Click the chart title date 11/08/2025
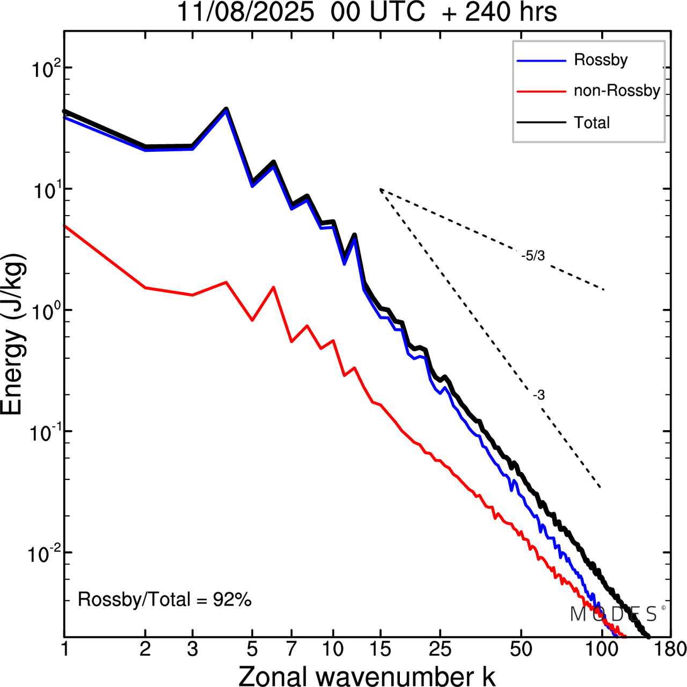tap(245, 12)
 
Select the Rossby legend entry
tap(600, 60)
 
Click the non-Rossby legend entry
tap(616, 91)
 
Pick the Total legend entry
tap(591, 123)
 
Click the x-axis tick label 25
tap(440, 649)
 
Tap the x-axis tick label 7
tap(291, 649)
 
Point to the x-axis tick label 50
tap(521, 649)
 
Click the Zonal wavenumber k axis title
tap(367, 675)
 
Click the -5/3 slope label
tap(532, 256)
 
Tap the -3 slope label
tap(539, 395)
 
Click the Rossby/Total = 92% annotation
tap(165, 600)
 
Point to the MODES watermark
tap(615, 614)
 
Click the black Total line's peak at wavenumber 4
tap(226, 109)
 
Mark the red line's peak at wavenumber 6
tap(273, 287)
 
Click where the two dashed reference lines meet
tap(380, 189)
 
